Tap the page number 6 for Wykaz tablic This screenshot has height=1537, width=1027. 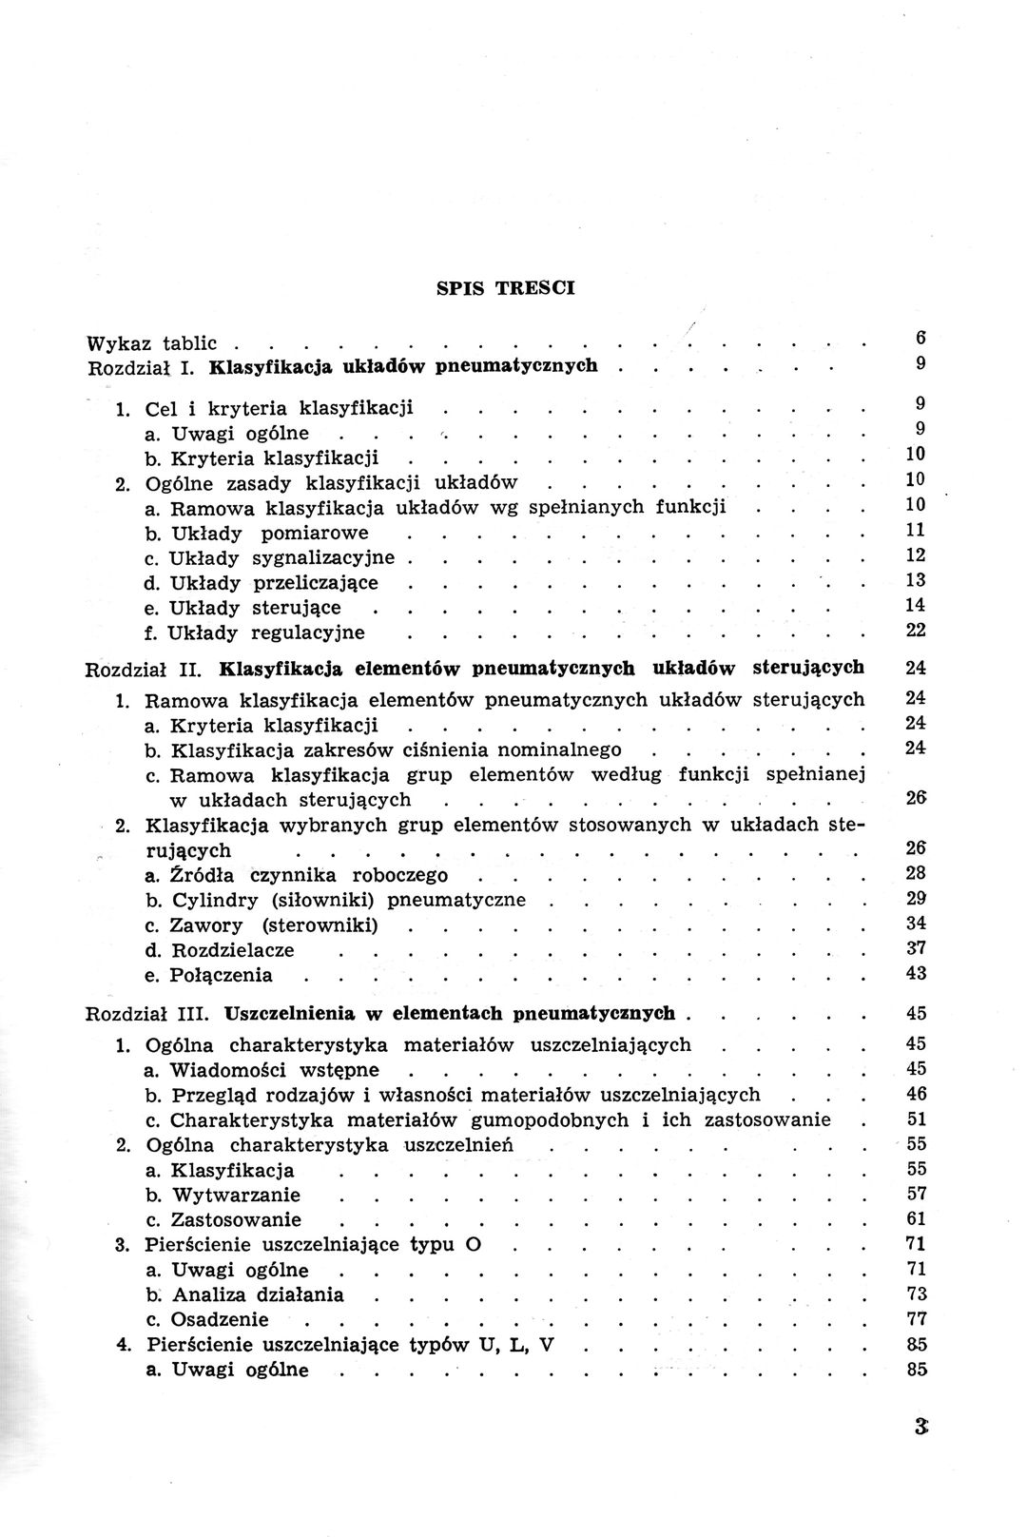click(x=921, y=337)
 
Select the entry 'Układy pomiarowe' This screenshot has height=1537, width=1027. click(x=268, y=533)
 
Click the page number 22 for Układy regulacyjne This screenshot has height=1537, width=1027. click(x=917, y=630)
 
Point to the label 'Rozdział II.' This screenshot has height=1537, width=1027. click(x=142, y=669)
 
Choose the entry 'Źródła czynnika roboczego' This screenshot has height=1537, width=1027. click(x=309, y=875)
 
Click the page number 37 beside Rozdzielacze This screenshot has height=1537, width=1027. click(x=917, y=948)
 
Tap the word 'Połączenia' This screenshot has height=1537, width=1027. click(x=221, y=975)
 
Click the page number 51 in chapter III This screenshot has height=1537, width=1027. click(x=917, y=1119)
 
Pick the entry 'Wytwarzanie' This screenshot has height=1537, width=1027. click(x=235, y=1195)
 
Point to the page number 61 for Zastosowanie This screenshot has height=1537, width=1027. click(x=917, y=1218)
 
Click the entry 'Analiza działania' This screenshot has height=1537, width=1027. click(x=257, y=1294)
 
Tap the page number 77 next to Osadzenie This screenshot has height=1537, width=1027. click(x=917, y=1318)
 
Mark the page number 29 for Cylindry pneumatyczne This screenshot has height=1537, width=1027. click(x=917, y=899)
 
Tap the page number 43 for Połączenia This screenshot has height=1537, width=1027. click(x=917, y=974)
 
